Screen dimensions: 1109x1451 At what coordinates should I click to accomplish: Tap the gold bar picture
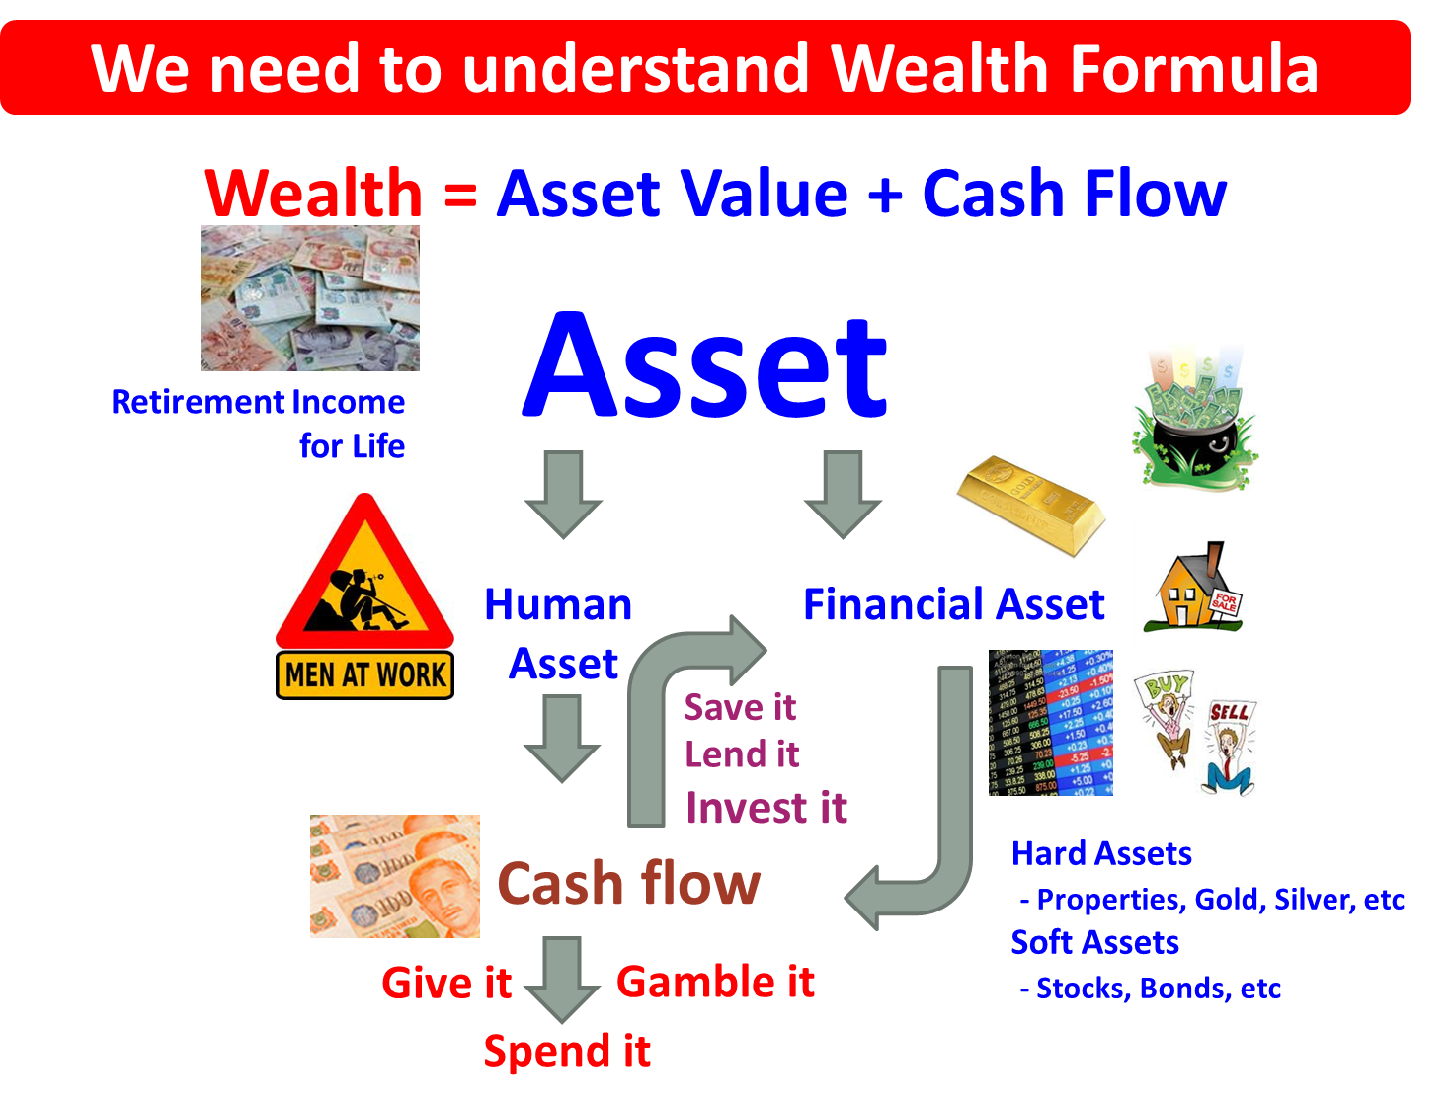point(1030,506)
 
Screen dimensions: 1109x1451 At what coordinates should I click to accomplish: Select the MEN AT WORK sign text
point(364,674)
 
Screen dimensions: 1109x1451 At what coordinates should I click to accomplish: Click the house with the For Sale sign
point(1195,587)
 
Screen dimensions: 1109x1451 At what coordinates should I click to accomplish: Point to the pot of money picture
point(1194,416)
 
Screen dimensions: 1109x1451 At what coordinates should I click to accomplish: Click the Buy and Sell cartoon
point(1196,733)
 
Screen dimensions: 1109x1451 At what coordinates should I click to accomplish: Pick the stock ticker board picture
point(1051,722)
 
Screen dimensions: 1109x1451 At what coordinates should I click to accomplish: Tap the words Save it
point(740,707)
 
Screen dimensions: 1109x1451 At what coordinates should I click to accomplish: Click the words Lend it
point(742,754)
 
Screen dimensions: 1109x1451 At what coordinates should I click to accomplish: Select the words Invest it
point(766,808)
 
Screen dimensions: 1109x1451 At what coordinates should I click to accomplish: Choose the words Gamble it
point(715,982)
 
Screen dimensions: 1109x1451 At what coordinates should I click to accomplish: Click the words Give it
point(445,983)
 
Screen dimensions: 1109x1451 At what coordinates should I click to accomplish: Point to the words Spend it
point(567,1051)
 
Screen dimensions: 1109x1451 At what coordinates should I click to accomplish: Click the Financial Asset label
point(953,604)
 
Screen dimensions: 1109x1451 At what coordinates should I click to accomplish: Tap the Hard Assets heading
point(1101,853)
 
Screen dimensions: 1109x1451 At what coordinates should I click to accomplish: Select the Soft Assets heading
point(1094,942)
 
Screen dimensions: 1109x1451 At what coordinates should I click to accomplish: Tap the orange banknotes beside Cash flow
point(394,876)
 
